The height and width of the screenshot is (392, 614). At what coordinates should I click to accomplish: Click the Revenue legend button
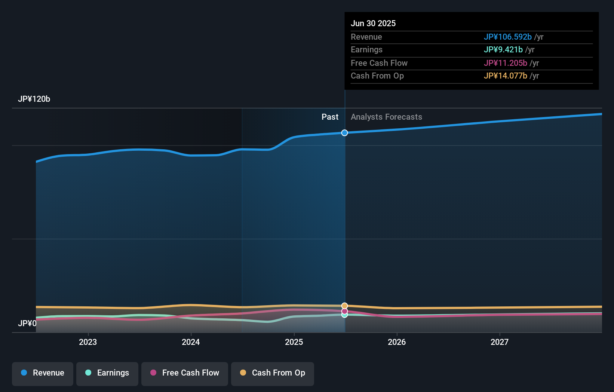43,374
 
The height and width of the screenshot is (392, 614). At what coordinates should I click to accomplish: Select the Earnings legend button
107,374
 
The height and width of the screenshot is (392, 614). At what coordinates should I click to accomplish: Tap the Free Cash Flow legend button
184,374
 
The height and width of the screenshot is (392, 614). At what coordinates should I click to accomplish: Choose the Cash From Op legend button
273,374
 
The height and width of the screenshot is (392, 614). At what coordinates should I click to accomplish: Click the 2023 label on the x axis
88,342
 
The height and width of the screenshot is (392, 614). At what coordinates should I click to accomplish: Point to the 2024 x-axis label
191,342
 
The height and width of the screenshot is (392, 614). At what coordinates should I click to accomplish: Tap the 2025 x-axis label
294,342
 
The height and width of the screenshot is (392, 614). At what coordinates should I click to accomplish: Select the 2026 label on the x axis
397,342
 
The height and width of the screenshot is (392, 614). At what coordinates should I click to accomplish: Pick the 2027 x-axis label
500,342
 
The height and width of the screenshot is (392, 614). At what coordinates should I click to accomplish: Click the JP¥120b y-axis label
34,99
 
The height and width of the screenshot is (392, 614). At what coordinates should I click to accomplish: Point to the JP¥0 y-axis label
27,324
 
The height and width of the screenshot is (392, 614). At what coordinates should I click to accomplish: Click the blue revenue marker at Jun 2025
344,133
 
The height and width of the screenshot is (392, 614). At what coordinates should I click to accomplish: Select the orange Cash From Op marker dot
344,306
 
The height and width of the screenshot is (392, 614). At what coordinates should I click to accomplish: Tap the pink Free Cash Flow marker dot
344,312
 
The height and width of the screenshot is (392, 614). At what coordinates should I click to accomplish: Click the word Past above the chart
330,117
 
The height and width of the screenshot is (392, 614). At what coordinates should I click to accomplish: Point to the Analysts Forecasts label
387,117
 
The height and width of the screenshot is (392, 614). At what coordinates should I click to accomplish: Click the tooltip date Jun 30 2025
373,23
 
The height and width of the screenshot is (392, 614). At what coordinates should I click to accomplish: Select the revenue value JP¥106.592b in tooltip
508,37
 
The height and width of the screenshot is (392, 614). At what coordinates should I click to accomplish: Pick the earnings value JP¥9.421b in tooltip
503,50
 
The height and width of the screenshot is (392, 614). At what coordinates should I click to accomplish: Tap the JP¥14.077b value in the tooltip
506,76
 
